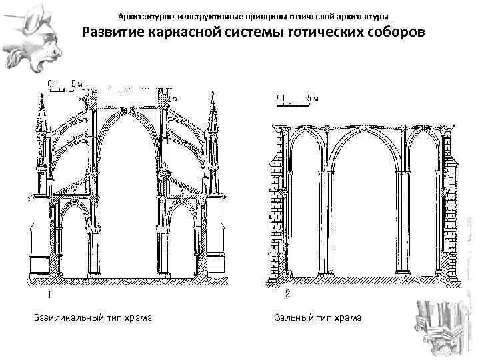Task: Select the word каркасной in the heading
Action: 180,33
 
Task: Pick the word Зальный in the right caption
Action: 291,317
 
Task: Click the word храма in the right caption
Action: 347,317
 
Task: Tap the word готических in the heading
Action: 318,33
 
